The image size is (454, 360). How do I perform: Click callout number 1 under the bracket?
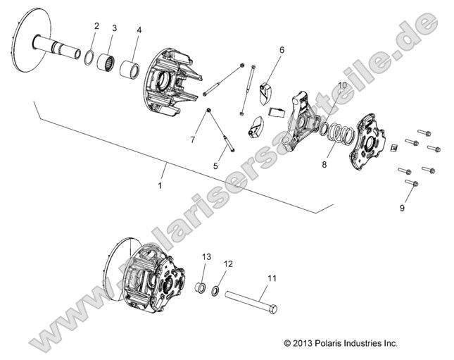point(159,185)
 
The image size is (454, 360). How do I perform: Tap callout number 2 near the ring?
point(96,26)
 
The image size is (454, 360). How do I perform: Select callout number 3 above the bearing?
point(114,28)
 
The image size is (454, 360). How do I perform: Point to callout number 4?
point(139,30)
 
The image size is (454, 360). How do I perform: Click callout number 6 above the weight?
point(282,50)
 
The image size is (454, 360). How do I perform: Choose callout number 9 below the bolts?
point(402,208)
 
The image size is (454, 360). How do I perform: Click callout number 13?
point(207,256)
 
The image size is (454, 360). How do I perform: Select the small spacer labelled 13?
point(201,289)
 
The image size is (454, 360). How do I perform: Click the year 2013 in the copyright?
point(303,343)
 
